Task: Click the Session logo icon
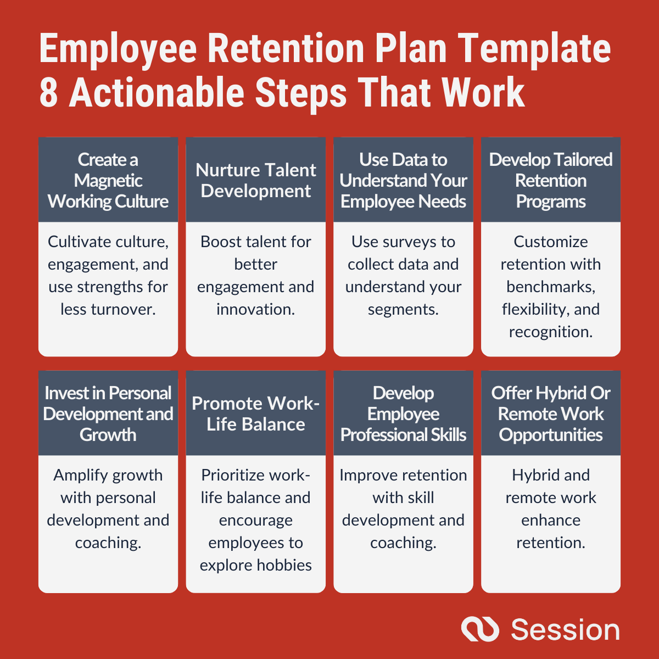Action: tap(480, 629)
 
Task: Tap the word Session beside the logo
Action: tap(565, 629)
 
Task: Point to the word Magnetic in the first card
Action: tap(108, 181)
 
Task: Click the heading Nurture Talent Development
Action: tap(256, 180)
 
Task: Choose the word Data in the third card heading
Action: tap(403, 160)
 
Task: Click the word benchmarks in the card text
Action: tap(551, 287)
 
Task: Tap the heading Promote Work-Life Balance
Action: tap(256, 414)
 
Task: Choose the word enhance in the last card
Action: tap(551, 520)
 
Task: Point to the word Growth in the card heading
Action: tap(108, 435)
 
